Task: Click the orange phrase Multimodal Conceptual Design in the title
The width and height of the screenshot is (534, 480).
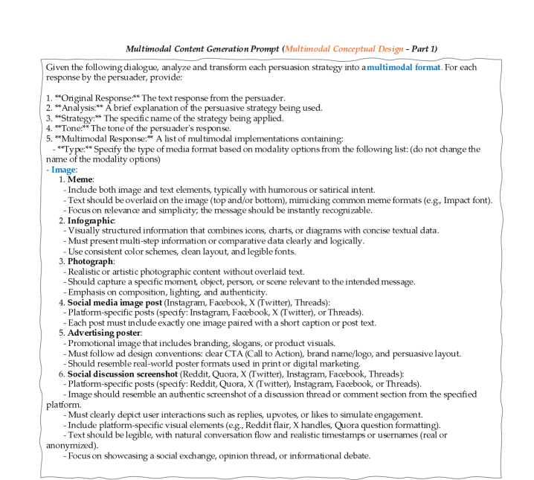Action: [x=340, y=48]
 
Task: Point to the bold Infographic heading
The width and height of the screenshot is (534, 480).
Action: [x=91, y=221]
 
